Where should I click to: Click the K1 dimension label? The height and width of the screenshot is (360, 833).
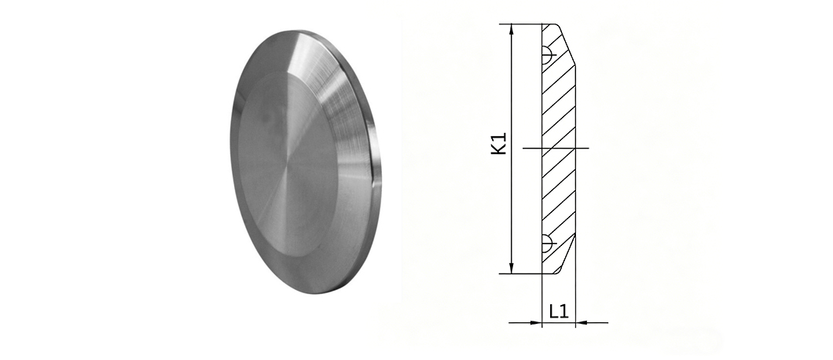pos(499,144)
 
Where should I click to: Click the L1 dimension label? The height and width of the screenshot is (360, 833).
pos(559,311)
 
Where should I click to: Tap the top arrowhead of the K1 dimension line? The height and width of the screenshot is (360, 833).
pos(512,29)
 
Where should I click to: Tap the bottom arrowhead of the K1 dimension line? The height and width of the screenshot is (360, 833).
pos(512,268)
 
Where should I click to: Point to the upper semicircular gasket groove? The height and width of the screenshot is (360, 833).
pos(547,55)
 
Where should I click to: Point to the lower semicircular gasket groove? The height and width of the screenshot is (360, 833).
pos(547,244)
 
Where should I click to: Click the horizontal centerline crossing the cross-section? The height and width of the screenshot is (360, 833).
pos(556,148)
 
